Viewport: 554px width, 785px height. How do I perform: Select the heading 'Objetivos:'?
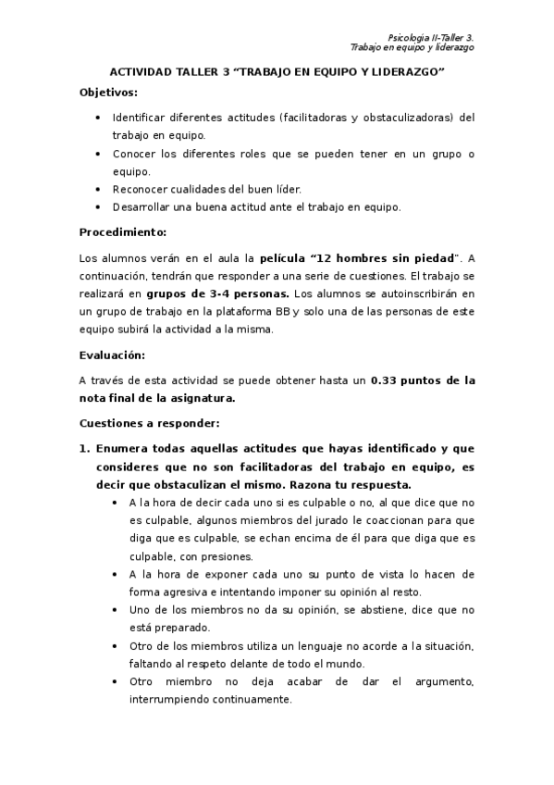[x=108, y=93]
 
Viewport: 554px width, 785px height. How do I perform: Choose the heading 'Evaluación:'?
[x=112, y=354]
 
